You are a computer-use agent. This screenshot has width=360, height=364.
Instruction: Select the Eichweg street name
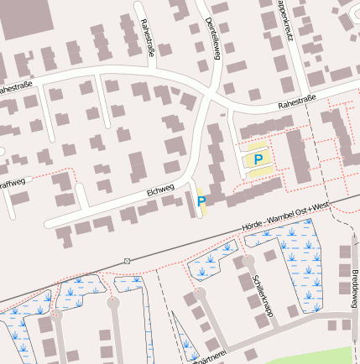click(x=159, y=191)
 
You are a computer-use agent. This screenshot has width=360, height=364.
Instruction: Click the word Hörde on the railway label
click(x=252, y=217)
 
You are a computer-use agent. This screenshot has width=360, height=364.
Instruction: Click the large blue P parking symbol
click(x=258, y=159)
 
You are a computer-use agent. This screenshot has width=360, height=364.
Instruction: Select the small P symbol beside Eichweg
click(x=201, y=200)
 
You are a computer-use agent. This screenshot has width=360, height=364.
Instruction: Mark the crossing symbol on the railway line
click(x=127, y=261)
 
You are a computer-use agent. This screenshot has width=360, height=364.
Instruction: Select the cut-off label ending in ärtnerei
click(x=211, y=359)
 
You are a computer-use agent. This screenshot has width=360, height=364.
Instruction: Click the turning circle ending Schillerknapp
click(x=248, y=260)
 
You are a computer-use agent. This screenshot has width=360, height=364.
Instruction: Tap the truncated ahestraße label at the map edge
click(x=18, y=86)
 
